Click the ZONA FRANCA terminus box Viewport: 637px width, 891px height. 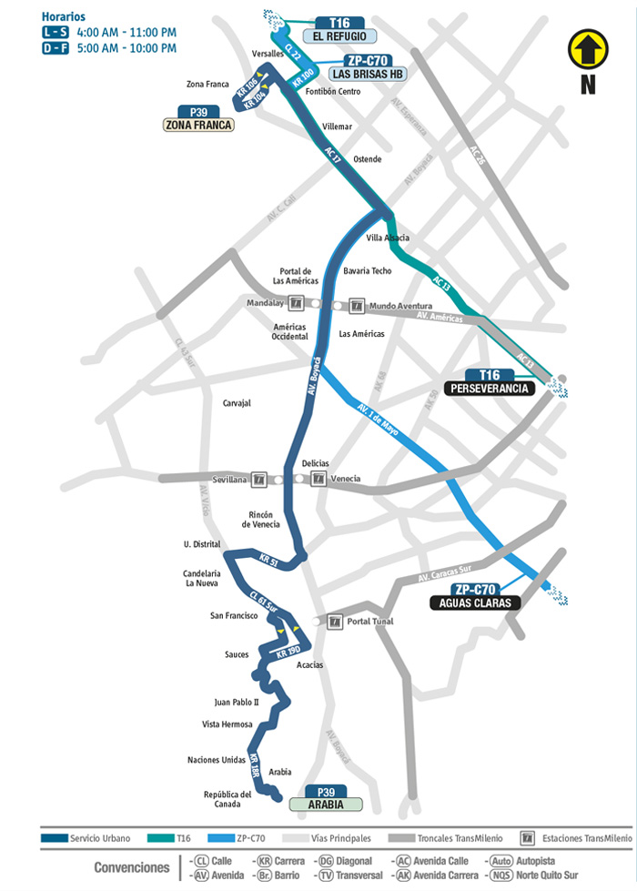click(197, 125)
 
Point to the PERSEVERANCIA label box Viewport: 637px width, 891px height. click(490, 388)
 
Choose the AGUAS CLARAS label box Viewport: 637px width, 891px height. click(474, 602)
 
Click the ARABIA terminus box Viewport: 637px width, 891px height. click(325, 804)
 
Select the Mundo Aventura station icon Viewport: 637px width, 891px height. click(357, 306)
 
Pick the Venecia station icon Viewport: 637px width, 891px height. click(318, 479)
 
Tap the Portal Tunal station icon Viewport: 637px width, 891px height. click(336, 622)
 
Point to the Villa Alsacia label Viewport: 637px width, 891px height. click(388, 238)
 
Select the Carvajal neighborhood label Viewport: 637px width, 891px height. click(237, 401)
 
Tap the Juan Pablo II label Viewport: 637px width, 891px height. click(237, 702)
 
